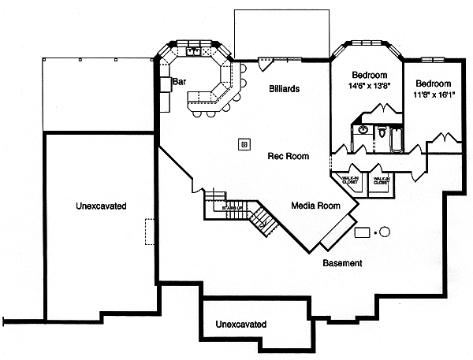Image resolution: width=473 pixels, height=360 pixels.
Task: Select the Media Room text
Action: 315,206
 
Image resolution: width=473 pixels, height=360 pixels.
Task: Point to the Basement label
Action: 342,263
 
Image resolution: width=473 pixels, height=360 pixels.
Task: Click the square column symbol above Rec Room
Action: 244,144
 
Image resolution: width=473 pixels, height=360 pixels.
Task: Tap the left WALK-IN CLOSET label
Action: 348,181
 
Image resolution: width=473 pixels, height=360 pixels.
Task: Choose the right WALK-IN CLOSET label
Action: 382,181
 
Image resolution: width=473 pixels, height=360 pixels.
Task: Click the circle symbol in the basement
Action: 385,232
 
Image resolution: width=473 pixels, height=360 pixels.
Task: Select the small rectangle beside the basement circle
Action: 363,232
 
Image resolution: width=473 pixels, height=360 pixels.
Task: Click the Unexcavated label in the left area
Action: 101,206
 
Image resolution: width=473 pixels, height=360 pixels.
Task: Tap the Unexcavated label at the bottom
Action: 240,325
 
